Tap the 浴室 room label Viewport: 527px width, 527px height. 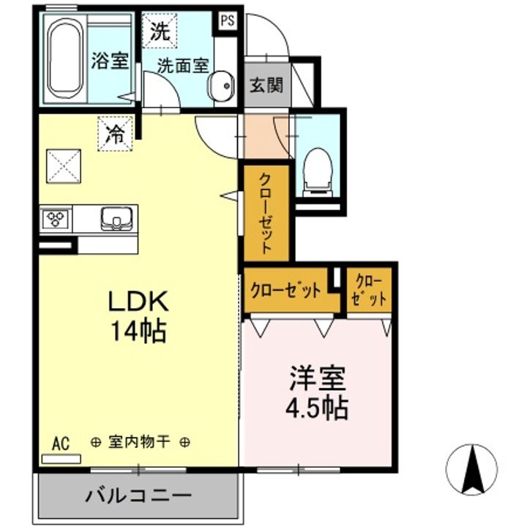(x=110, y=61)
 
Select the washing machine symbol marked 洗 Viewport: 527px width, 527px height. (x=159, y=31)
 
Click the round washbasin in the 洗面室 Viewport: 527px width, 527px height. (x=220, y=86)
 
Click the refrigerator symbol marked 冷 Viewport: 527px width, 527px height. (x=115, y=134)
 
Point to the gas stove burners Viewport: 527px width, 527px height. (x=56, y=217)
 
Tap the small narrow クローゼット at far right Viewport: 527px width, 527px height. (x=369, y=290)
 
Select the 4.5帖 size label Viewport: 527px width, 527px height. (x=316, y=407)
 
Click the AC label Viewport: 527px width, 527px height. (x=61, y=443)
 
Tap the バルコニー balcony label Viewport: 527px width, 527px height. (x=138, y=496)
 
